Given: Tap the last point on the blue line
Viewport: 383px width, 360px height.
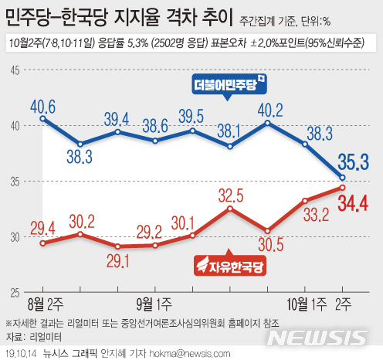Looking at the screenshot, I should pyautogui.click(x=343, y=178).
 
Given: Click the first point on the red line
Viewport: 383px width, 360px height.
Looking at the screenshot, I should pyautogui.click(x=42, y=243).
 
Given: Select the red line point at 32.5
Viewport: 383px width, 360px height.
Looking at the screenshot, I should pyautogui.click(x=230, y=209).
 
